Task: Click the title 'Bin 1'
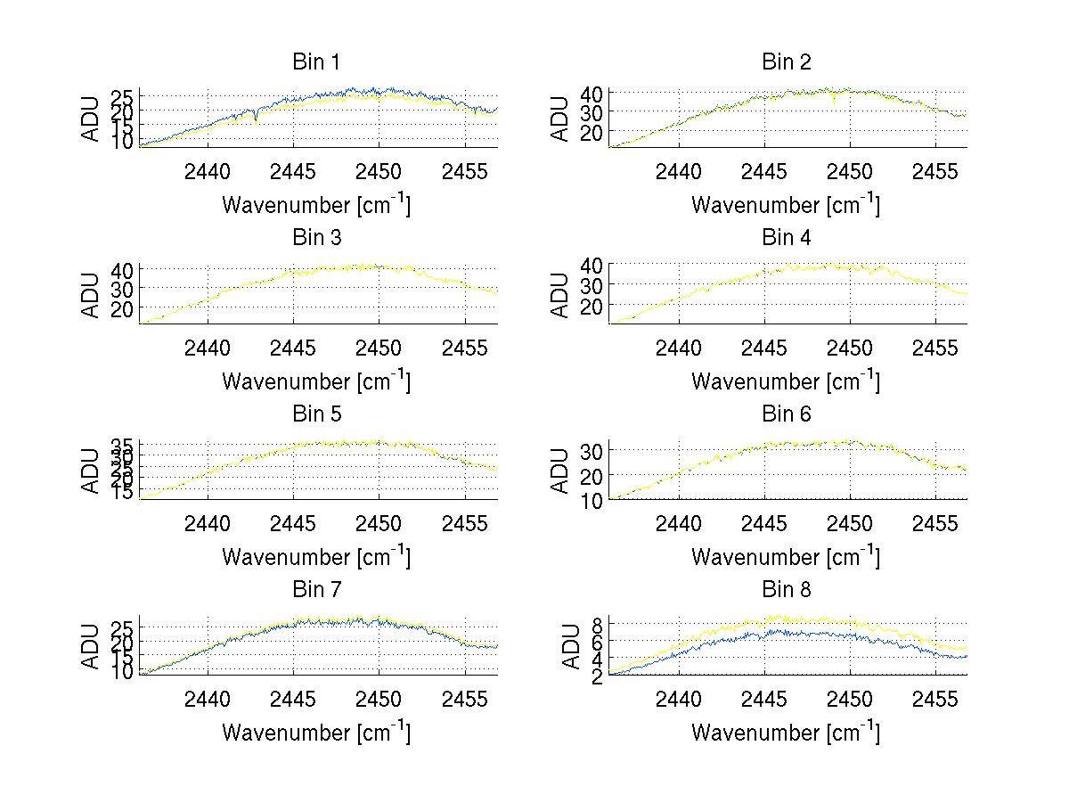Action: point(316,61)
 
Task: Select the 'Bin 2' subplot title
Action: point(786,61)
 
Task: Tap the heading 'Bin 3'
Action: point(316,237)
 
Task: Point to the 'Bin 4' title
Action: point(786,237)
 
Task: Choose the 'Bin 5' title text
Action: point(316,414)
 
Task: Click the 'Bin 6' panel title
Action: point(786,414)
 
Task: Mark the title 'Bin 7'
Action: point(316,589)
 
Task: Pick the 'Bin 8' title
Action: point(786,589)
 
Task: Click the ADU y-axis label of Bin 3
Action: point(91,296)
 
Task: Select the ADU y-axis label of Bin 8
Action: point(560,648)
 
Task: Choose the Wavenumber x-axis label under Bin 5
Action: point(316,557)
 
